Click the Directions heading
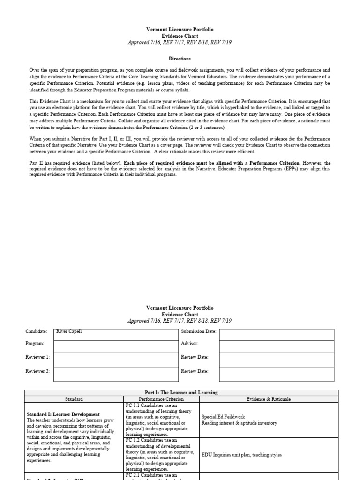click(180, 59)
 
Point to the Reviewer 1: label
click(37, 357)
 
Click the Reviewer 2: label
click(37, 371)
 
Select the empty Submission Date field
click(277, 334)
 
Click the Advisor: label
click(190, 343)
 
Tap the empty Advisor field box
click(277, 346)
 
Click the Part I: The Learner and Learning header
click(180, 392)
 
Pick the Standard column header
click(74, 399)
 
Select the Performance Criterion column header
click(161, 399)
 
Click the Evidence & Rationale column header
click(268, 399)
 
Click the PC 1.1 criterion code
click(132, 405)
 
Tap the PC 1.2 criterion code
click(132, 440)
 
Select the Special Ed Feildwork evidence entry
click(223, 416)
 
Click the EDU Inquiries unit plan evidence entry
click(241, 455)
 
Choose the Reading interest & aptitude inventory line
click(239, 423)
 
